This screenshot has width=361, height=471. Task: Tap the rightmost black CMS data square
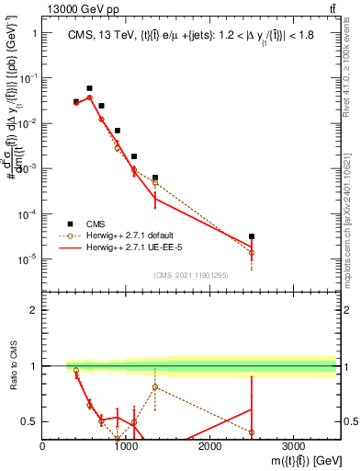coord(252,236)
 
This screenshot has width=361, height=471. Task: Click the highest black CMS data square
coord(89,88)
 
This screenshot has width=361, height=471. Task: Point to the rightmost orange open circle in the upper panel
coord(252,252)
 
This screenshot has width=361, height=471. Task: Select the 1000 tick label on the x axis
coord(126,447)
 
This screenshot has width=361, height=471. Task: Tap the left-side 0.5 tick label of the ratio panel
coord(28,421)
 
